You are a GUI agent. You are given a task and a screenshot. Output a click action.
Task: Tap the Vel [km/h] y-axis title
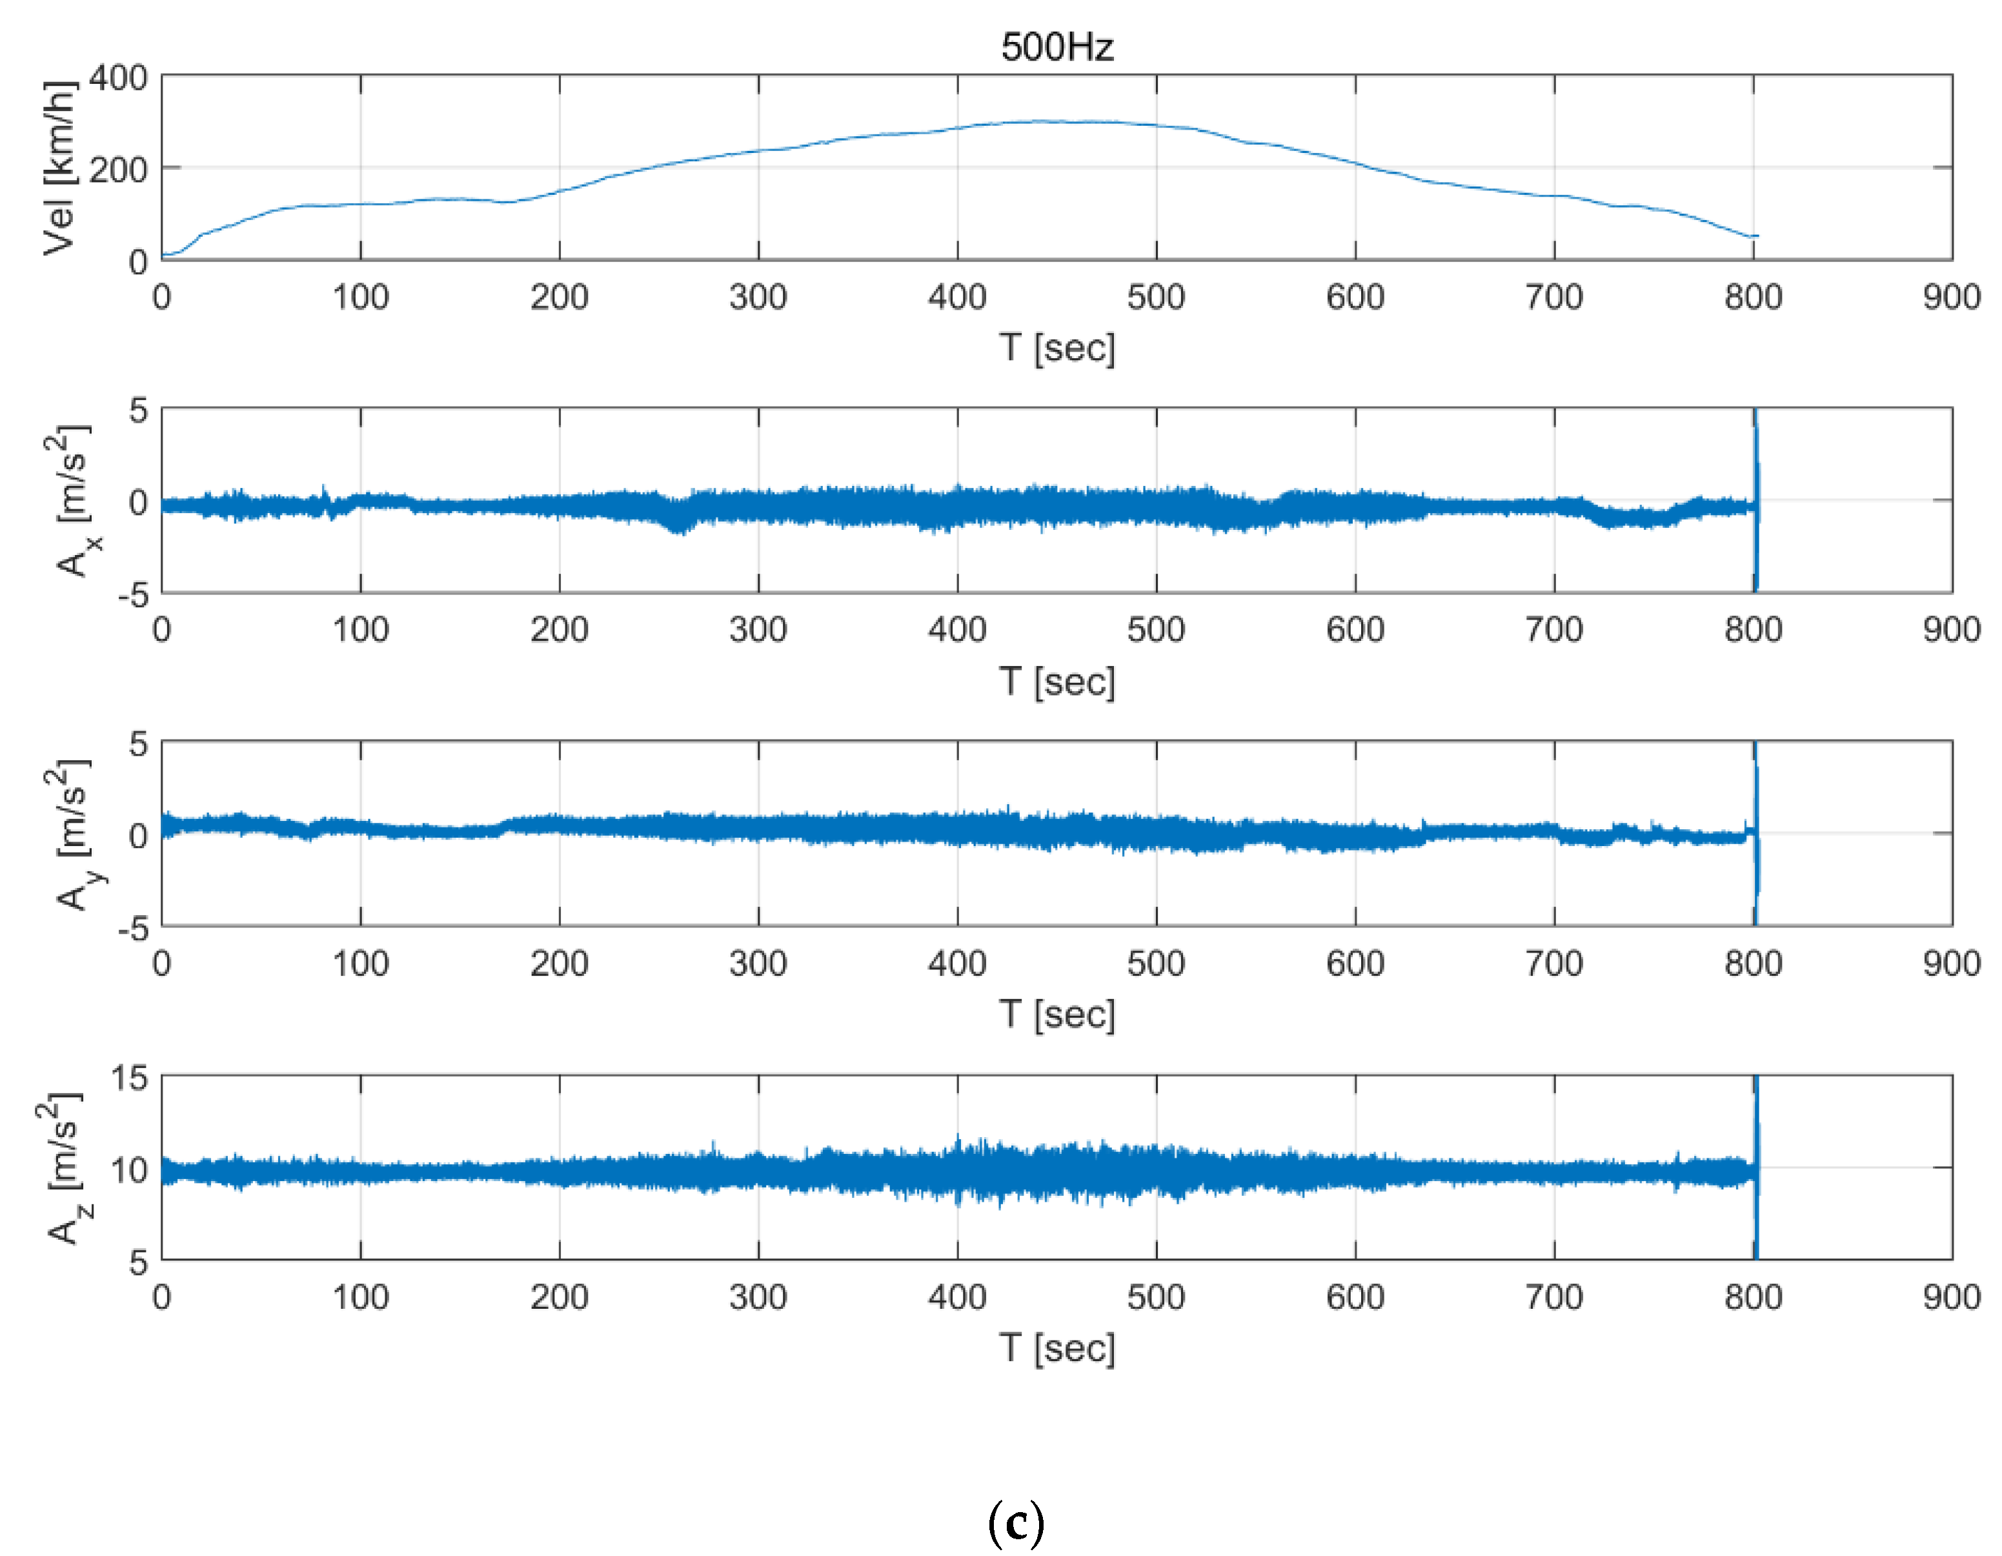tap(59, 168)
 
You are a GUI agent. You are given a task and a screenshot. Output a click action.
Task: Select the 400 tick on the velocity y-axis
tap(118, 78)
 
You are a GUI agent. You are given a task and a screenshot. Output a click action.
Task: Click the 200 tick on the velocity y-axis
tap(118, 170)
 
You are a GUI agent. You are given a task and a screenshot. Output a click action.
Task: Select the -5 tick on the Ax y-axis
tap(132, 596)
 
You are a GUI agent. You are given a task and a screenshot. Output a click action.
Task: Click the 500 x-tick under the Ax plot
tap(1156, 630)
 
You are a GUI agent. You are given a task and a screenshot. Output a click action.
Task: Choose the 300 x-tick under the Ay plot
tap(758, 964)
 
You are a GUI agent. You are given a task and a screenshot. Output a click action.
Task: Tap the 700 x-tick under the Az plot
tap(1553, 1297)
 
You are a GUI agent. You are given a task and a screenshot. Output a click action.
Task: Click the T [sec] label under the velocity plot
tap(1057, 349)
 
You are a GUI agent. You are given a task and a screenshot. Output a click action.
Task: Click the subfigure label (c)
tap(1016, 1523)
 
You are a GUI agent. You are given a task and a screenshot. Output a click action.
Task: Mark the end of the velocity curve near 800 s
tap(1755, 237)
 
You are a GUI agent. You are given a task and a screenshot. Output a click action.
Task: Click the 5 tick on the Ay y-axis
tap(137, 743)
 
